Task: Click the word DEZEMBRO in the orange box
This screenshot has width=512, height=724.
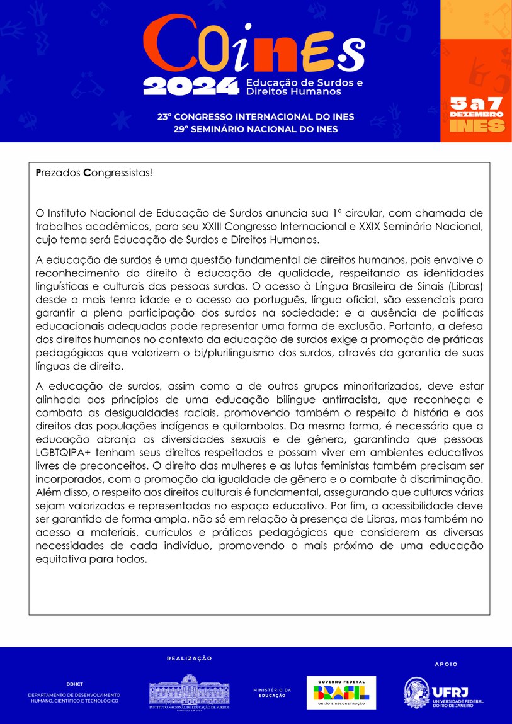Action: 476,114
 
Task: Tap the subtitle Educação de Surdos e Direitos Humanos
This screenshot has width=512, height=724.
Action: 304,87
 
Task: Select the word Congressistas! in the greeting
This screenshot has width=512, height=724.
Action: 118,172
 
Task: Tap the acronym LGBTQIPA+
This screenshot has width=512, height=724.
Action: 64,452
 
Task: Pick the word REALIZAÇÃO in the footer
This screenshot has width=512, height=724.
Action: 189,659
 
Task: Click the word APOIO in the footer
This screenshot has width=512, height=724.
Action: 447,664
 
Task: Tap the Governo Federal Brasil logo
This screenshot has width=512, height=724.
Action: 341,693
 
